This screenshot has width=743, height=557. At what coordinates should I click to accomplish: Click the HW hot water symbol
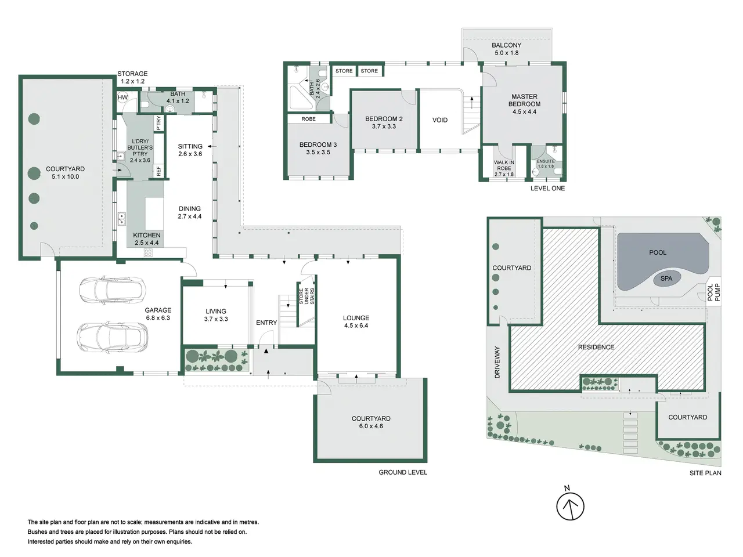[122, 97]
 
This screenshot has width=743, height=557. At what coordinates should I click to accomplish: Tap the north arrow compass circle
[570, 507]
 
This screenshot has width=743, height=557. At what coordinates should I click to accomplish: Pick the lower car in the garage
[112, 338]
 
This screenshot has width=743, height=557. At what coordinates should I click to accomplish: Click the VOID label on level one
[440, 120]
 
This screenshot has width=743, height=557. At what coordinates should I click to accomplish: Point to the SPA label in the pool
[666, 278]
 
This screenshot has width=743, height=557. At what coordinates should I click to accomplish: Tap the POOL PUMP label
[713, 292]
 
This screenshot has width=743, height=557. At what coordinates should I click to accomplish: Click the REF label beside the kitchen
[158, 171]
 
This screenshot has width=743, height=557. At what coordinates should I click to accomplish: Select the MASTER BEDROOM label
[524, 100]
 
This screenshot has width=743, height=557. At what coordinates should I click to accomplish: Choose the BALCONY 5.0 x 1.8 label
[506, 49]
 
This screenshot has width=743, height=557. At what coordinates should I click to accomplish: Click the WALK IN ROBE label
[504, 165]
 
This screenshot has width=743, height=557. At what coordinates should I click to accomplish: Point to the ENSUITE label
[546, 161]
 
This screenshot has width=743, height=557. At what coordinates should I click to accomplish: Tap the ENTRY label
[266, 323]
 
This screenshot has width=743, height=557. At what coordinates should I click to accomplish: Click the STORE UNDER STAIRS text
[306, 296]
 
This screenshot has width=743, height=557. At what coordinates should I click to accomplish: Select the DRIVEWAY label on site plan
[497, 362]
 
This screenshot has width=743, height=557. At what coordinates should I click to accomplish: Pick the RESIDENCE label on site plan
[596, 347]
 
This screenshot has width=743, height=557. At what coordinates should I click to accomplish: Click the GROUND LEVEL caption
[403, 472]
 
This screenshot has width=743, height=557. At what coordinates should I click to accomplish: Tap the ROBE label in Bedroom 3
[308, 119]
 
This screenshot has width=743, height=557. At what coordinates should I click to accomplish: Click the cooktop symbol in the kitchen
[148, 252]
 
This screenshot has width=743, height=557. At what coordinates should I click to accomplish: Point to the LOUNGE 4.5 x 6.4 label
[356, 321]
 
